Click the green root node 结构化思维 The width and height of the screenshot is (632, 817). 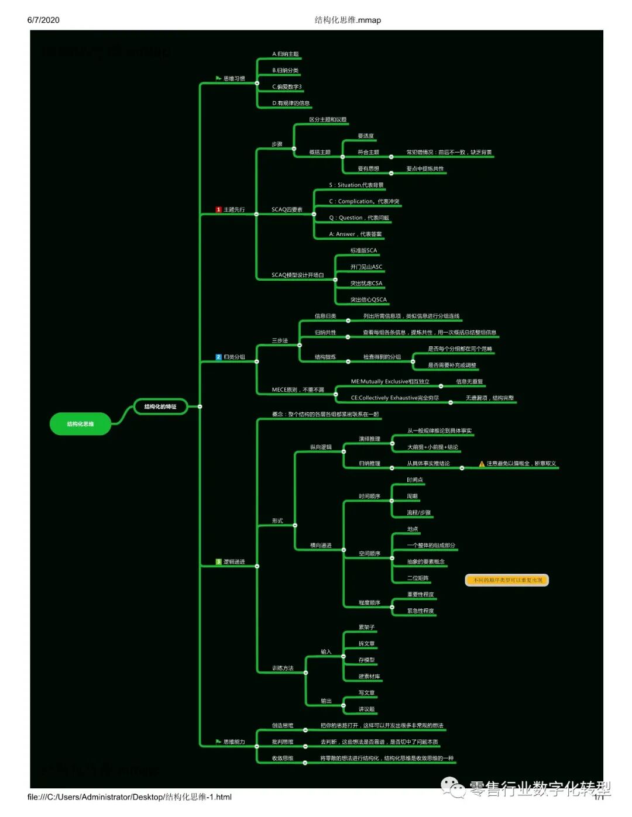80,424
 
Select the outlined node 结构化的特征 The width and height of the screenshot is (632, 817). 160,406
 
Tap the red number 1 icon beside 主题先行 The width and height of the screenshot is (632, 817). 218,209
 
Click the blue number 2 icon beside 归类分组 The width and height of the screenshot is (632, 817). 218,357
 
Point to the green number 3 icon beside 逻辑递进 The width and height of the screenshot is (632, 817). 218,562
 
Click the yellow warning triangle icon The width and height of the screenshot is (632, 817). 482,464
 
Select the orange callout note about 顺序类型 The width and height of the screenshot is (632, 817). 507,580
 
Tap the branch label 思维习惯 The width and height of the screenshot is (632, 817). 234,78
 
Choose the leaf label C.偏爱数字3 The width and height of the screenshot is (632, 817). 287,87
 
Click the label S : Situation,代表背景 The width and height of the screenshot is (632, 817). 356,185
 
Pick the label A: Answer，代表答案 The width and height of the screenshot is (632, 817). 355,234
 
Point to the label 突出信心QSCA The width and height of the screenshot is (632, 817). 368,299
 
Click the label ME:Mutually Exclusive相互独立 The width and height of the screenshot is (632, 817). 390,381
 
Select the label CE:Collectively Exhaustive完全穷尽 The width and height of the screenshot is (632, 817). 394,398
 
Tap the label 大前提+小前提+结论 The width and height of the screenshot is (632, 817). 432,447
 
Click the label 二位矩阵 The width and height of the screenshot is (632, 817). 418,578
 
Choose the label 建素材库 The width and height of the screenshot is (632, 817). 369,677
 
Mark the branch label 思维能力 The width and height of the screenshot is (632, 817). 234,742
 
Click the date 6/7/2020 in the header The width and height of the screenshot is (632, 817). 43,20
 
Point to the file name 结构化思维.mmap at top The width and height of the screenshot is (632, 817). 348,20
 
